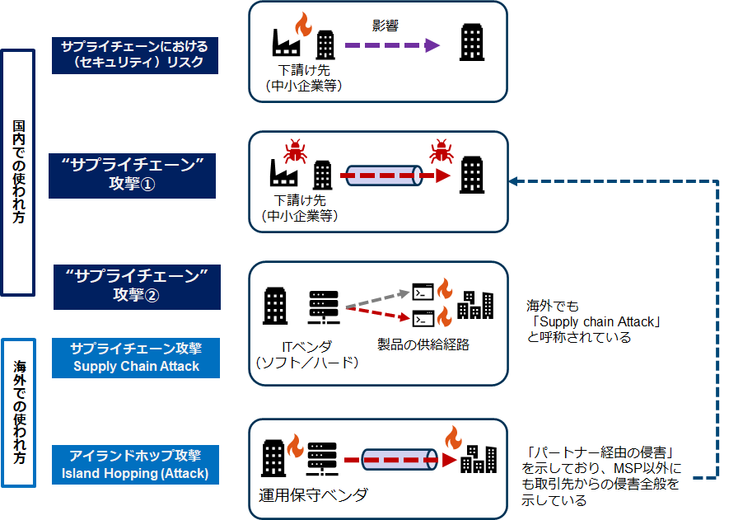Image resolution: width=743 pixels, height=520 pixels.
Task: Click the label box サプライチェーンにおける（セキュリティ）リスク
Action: click(135, 54)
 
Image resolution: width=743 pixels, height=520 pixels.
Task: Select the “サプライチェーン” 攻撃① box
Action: click(132, 174)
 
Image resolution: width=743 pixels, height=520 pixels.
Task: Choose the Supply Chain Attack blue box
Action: click(136, 358)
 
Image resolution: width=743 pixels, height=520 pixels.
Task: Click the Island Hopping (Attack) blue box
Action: click(135, 465)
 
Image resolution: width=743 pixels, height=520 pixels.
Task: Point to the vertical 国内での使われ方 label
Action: click(18, 172)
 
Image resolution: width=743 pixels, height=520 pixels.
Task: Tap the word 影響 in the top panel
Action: click(386, 26)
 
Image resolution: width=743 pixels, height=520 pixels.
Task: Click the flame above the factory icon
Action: click(301, 24)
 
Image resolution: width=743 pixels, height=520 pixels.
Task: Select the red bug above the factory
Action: click(293, 152)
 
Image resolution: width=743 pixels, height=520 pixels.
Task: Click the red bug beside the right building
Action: click(442, 151)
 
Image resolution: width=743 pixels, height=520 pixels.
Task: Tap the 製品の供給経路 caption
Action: click(423, 344)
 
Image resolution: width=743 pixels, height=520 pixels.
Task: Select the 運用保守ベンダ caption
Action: click(314, 495)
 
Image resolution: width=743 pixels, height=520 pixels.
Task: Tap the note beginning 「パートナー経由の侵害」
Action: click(603, 475)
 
